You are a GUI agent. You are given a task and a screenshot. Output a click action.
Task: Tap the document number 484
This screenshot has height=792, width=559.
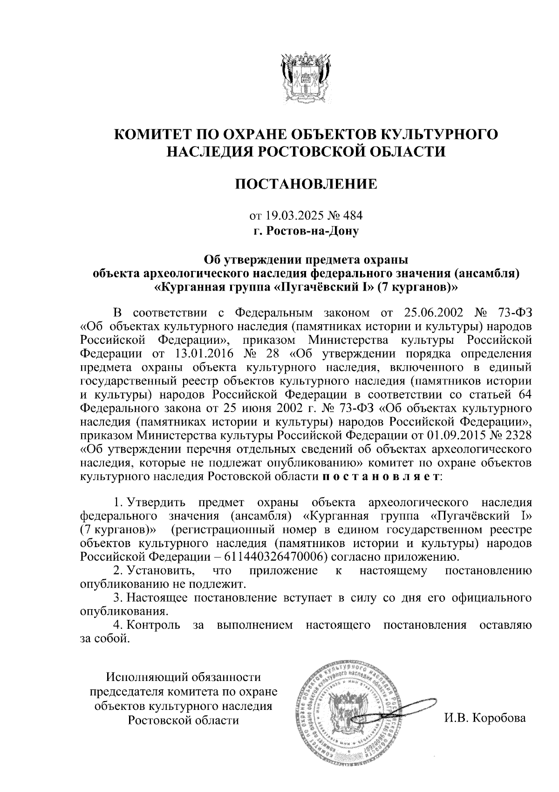pyautogui.click(x=352, y=216)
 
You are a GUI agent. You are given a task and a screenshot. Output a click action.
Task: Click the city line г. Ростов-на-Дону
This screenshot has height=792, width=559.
pyautogui.click(x=306, y=230)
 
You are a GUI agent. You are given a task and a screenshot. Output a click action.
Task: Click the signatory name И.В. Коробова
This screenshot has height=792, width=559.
pyautogui.click(x=485, y=718)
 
